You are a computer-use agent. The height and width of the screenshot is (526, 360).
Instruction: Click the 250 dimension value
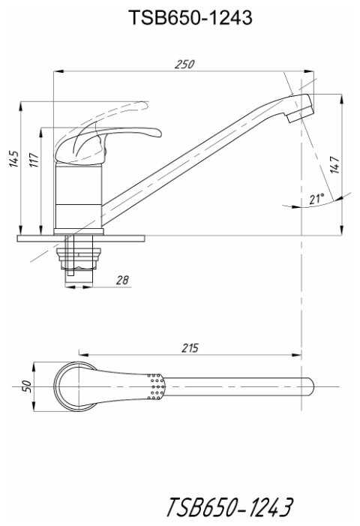point(184,64)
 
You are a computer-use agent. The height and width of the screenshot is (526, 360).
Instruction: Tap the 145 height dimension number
point(14,158)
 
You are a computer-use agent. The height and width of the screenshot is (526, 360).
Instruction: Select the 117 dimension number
point(34,160)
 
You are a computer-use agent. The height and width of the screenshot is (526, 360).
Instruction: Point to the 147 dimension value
point(334,164)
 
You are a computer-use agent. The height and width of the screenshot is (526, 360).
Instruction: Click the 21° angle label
point(316,199)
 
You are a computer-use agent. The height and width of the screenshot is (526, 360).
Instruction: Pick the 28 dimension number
point(122,280)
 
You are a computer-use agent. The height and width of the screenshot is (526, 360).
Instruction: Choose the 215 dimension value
point(190,348)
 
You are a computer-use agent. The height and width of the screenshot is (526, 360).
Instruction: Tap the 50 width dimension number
point(27,386)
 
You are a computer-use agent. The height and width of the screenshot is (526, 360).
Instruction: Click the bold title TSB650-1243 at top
point(190,17)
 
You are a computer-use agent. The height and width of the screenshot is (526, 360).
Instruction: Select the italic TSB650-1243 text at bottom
point(229,506)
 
